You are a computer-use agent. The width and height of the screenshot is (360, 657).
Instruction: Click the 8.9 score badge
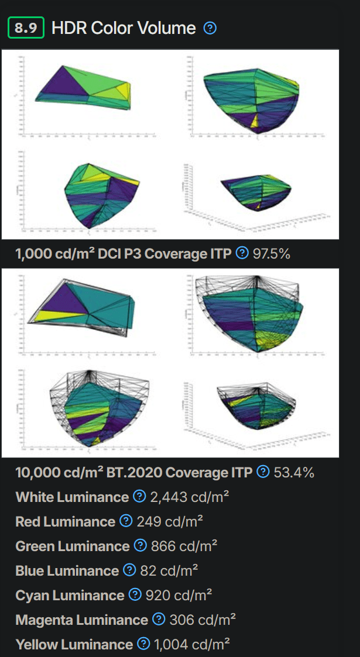coord(26,28)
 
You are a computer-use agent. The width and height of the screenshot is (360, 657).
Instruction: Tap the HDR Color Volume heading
coord(124,28)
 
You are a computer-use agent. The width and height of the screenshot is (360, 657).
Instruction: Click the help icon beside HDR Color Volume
coord(210,28)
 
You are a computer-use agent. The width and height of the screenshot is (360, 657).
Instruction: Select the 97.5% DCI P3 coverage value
coord(272,253)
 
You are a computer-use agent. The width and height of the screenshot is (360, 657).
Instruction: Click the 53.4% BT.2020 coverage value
coord(294,472)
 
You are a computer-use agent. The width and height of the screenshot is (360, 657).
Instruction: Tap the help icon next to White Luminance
coord(139,497)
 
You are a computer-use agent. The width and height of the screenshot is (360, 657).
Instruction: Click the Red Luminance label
coord(65,521)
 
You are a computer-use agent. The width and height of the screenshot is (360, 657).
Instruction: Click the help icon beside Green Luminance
coord(140,546)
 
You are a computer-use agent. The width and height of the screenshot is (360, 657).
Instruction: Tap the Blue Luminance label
coord(67,570)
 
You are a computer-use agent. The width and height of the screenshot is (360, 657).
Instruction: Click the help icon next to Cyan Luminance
coord(135,595)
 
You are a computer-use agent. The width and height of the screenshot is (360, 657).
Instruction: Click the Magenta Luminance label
coord(81,620)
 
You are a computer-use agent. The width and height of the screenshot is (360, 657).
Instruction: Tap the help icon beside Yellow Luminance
coord(143,644)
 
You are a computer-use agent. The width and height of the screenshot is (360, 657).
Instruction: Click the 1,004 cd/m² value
coord(191,644)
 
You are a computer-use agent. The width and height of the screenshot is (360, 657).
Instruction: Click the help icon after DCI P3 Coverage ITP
coord(242,253)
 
